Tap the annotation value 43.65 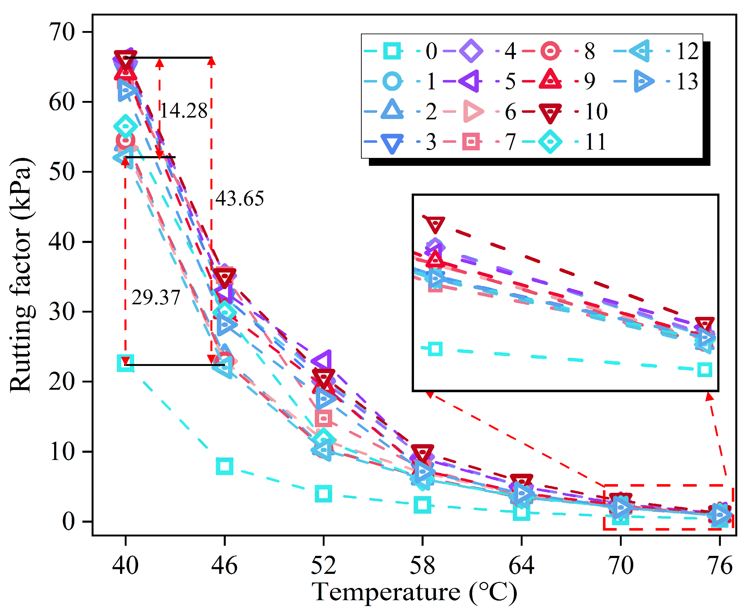(x=240, y=198)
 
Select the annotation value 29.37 (x=156, y=297)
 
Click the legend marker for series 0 (x=392, y=51)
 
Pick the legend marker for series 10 (x=550, y=113)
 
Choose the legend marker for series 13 (x=643, y=81)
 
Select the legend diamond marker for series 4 (x=471, y=51)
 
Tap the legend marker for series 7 (x=471, y=142)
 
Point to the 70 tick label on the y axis (x=62, y=32)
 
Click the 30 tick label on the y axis (x=62, y=311)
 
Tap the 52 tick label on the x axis (x=323, y=565)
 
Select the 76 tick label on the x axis (x=720, y=565)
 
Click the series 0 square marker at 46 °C (x=224, y=466)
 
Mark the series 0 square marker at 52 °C (x=323, y=494)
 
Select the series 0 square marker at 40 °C (x=125, y=363)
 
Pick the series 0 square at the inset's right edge (x=704, y=370)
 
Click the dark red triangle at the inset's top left (x=435, y=224)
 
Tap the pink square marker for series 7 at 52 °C (x=323, y=419)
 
